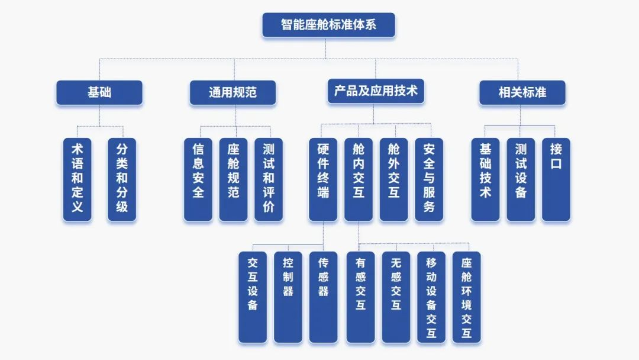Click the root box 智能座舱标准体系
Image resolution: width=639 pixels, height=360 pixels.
click(x=328, y=25)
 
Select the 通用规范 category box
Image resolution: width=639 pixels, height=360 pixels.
click(x=233, y=92)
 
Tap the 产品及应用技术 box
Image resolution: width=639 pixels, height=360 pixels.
click(x=376, y=91)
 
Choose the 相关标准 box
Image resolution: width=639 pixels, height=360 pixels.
click(x=522, y=92)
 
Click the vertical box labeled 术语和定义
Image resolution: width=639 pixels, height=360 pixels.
click(x=78, y=179)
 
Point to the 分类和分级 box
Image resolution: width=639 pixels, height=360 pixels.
click(x=121, y=179)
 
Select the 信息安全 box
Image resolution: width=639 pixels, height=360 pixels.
click(x=198, y=179)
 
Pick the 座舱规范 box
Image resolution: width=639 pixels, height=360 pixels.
click(x=233, y=179)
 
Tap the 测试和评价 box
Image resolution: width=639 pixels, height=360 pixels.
click(x=268, y=179)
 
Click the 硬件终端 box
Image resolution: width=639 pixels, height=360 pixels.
click(x=323, y=179)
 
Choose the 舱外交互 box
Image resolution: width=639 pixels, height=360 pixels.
click(x=393, y=179)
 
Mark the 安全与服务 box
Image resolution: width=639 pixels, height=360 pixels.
click(x=429, y=179)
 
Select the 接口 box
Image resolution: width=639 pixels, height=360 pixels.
click(x=556, y=179)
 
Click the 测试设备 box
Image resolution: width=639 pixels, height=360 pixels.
click(x=521, y=179)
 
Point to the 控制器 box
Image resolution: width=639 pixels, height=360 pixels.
click(x=288, y=297)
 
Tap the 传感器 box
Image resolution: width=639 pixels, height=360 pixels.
click(x=323, y=297)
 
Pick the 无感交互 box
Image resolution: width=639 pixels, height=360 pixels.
click(x=396, y=297)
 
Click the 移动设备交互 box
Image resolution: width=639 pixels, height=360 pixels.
click(x=431, y=297)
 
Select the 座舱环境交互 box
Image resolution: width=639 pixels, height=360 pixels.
click(x=466, y=297)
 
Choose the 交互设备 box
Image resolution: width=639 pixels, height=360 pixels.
click(x=253, y=297)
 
